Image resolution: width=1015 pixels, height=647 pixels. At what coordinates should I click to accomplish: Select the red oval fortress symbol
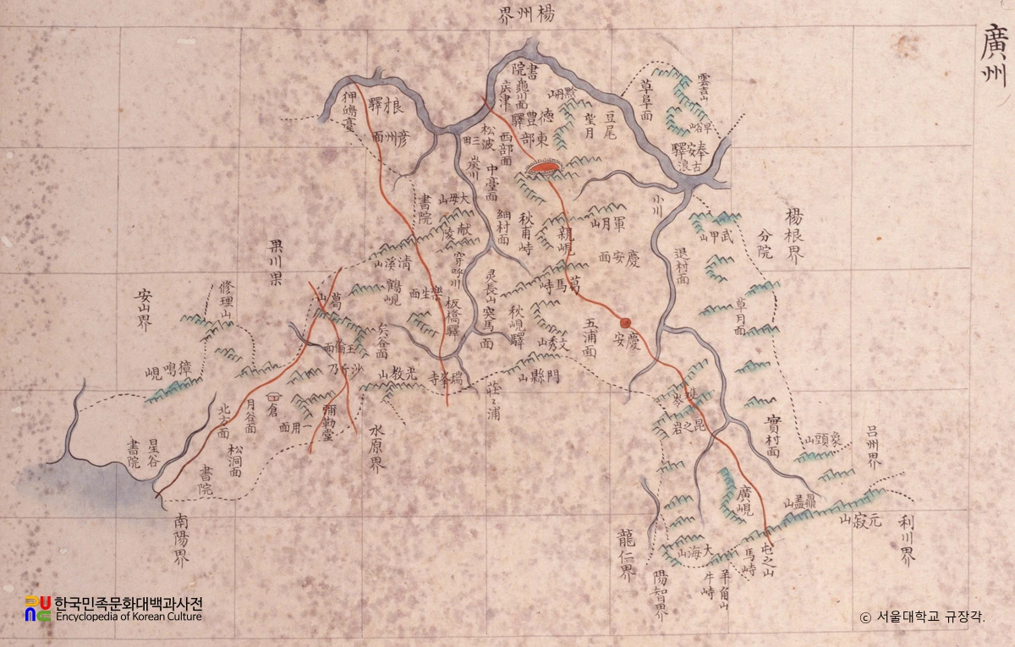point(541,169)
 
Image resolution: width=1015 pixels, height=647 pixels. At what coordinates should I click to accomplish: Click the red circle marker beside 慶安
point(626,322)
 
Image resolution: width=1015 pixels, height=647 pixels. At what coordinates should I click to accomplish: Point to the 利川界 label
point(907,541)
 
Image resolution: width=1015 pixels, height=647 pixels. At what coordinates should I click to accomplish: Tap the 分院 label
point(765,241)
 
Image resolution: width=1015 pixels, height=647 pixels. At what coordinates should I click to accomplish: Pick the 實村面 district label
point(771,436)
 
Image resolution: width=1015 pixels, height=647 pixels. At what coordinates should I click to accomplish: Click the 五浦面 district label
point(590,338)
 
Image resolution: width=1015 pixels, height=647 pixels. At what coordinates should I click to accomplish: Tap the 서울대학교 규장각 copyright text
point(923,617)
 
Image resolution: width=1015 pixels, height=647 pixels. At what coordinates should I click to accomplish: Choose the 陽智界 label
point(660,596)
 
